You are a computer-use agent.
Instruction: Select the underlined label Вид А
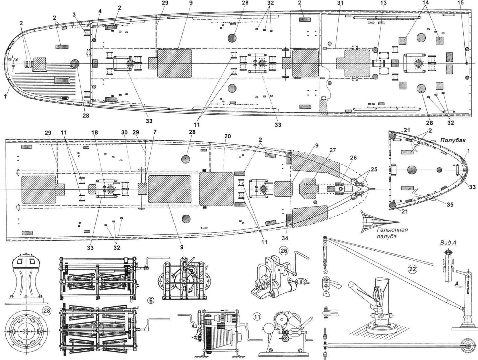tap(449, 243)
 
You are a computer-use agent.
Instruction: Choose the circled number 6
tap(151, 301)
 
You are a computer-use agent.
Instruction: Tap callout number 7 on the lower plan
tap(155, 132)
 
